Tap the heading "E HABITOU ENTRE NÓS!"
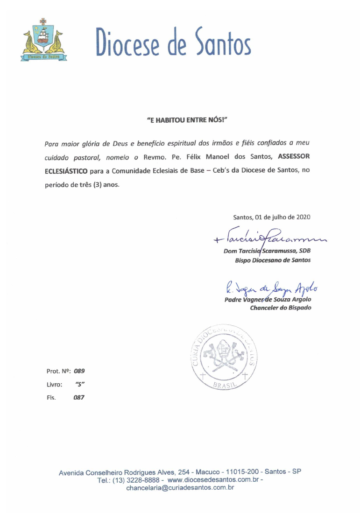click(x=187, y=120)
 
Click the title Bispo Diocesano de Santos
click(x=273, y=260)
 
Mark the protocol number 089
click(x=79, y=372)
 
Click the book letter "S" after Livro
click(x=80, y=385)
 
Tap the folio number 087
click(x=78, y=398)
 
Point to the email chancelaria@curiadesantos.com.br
click(x=180, y=488)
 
